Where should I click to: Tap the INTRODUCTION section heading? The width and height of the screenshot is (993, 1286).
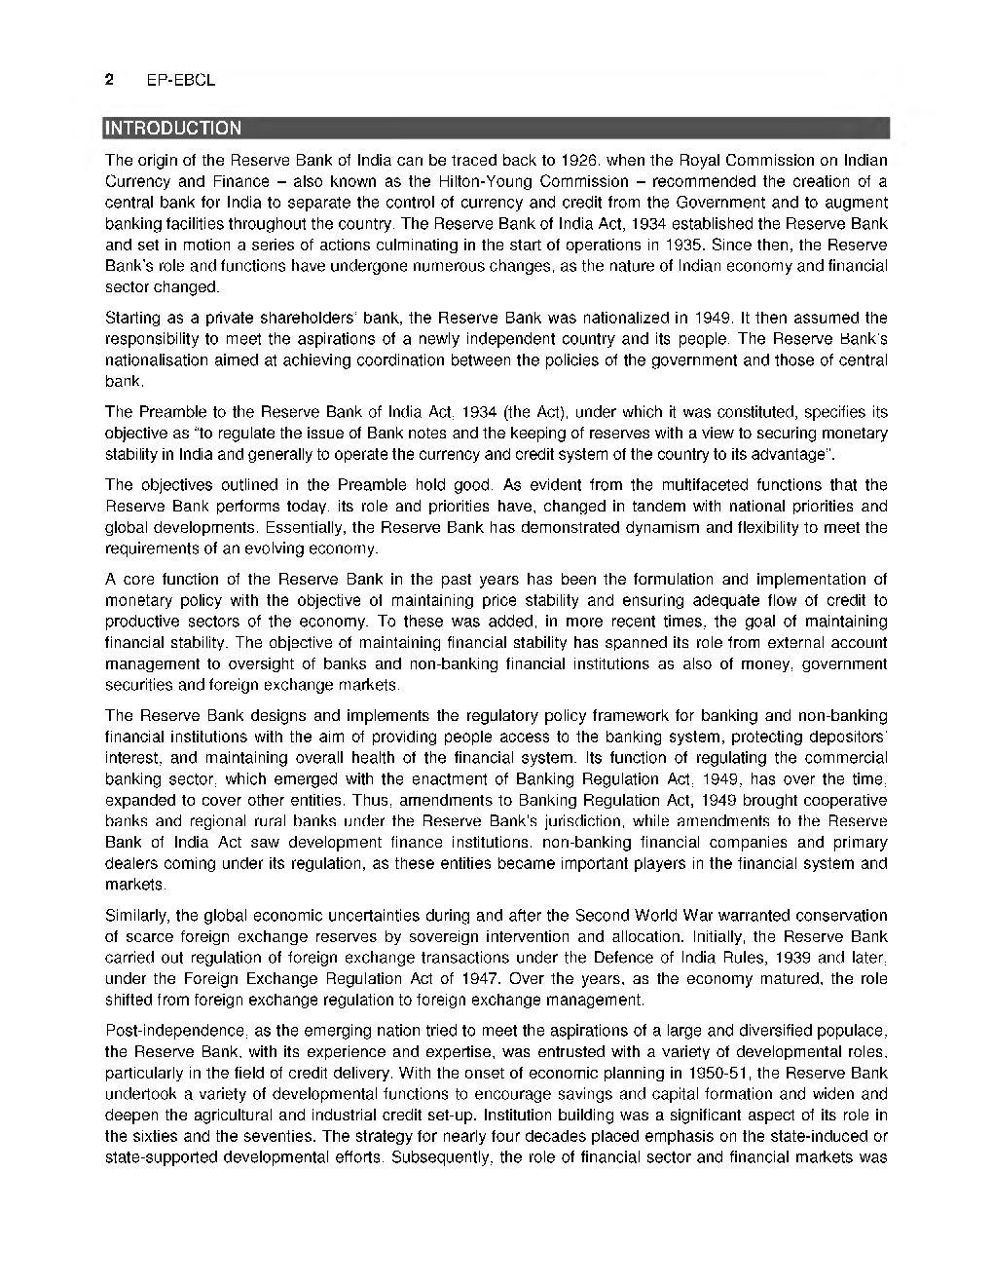click(x=173, y=128)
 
